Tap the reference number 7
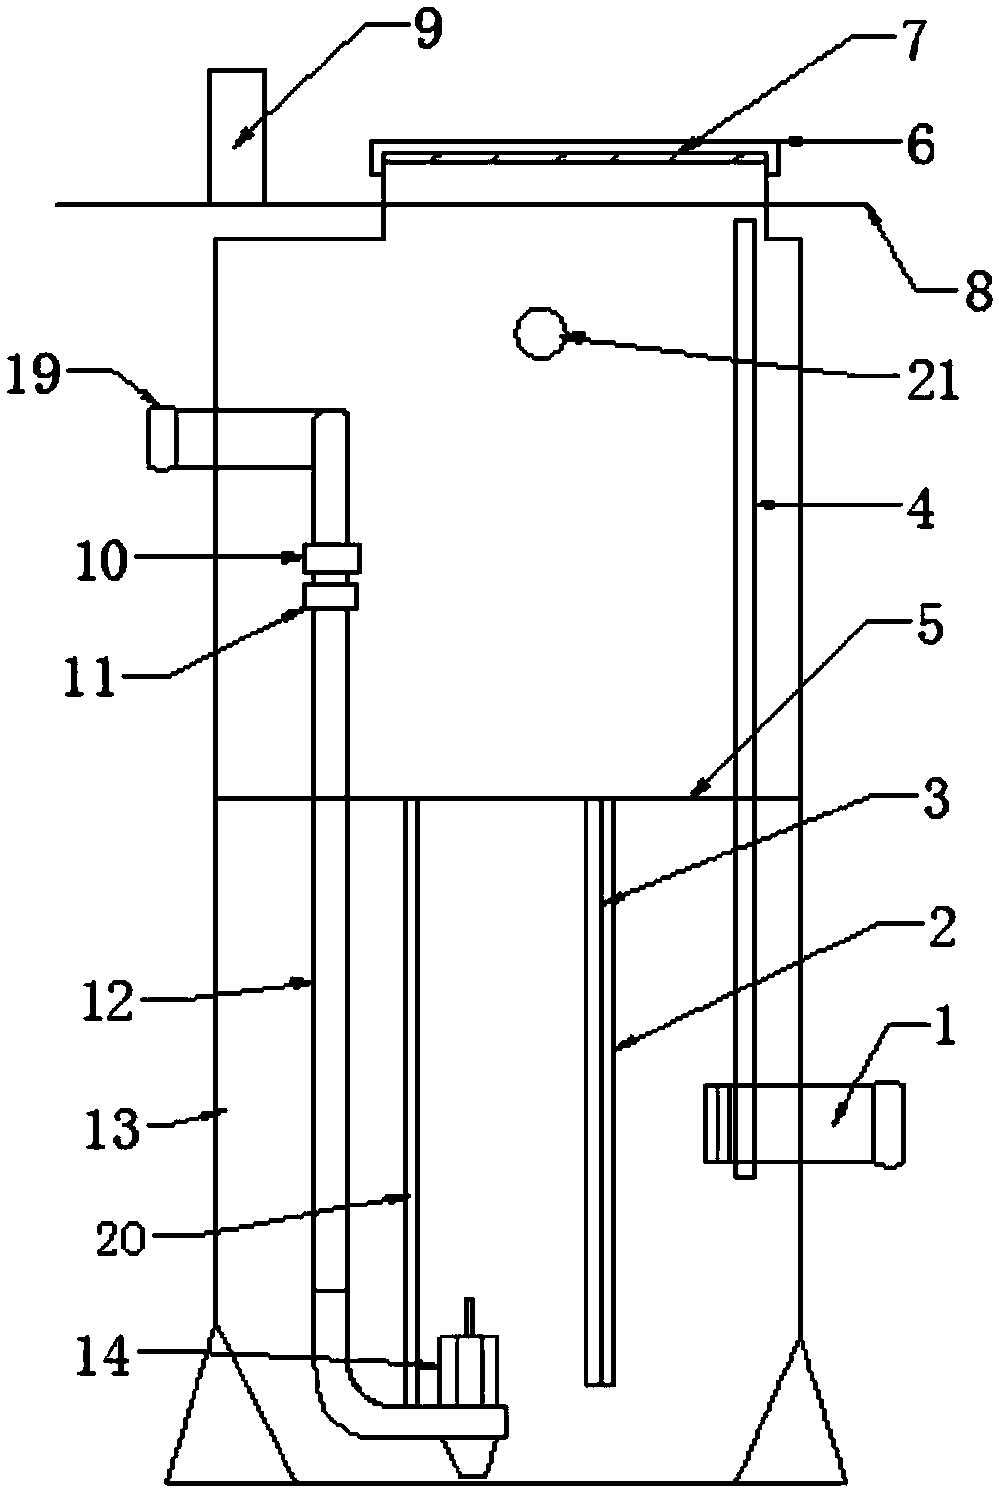[x=898, y=45]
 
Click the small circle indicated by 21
[x=540, y=334]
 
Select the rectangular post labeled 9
[x=237, y=137]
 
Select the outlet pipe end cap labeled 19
[x=161, y=439]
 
